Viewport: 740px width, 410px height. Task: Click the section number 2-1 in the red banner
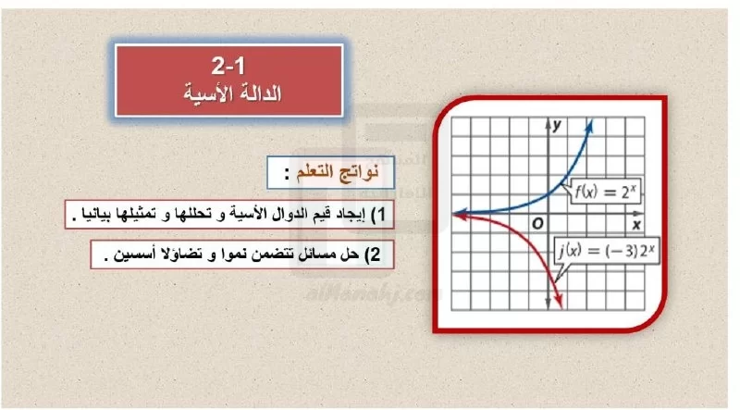point(228,65)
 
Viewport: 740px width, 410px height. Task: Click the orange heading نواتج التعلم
point(338,172)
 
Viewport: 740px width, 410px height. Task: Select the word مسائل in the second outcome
point(317,255)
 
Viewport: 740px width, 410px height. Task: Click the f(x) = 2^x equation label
point(606,192)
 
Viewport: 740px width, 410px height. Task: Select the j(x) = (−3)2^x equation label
point(607,250)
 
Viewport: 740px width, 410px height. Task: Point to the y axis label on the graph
point(558,125)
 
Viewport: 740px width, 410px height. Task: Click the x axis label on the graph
point(636,224)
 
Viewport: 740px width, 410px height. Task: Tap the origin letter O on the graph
point(537,223)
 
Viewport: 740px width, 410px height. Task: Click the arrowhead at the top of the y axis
point(548,124)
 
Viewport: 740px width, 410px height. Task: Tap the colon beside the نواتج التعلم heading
point(287,174)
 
